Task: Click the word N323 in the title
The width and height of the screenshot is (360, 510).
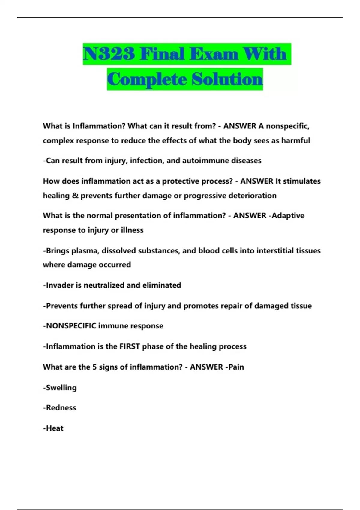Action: [x=109, y=54]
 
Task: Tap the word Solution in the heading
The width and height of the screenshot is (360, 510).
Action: [x=227, y=79]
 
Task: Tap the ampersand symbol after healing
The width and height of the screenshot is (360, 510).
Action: [x=75, y=196]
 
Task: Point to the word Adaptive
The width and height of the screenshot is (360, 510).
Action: [x=288, y=216]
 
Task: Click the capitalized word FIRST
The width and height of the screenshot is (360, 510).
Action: [x=130, y=346]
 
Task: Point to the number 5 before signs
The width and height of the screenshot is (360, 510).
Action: [x=94, y=367]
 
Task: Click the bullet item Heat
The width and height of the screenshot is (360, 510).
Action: [x=54, y=428]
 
